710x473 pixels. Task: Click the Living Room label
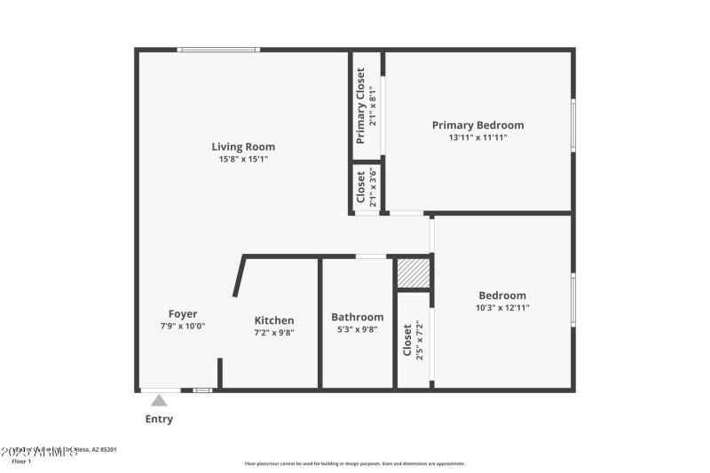point(242,146)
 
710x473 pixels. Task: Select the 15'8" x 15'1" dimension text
point(242,159)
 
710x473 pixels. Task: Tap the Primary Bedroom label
point(477,125)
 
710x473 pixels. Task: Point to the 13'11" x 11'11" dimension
point(477,138)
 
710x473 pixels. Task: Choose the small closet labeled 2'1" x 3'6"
point(367,187)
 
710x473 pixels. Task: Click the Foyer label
point(183,313)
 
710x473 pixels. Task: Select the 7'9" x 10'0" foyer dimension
point(183,326)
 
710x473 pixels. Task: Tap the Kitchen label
point(274,320)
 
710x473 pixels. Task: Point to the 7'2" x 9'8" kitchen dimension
point(274,333)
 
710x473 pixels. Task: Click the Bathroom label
point(357,317)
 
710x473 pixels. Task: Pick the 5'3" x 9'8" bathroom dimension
point(357,329)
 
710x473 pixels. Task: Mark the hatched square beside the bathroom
point(413,273)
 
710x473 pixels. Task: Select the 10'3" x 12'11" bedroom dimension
point(502,308)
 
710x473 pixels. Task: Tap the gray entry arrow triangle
point(159,400)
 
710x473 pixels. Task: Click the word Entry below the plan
point(159,419)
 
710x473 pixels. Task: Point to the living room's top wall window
point(218,50)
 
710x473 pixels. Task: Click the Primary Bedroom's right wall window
point(573,125)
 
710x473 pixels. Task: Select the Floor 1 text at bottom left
point(21,461)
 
